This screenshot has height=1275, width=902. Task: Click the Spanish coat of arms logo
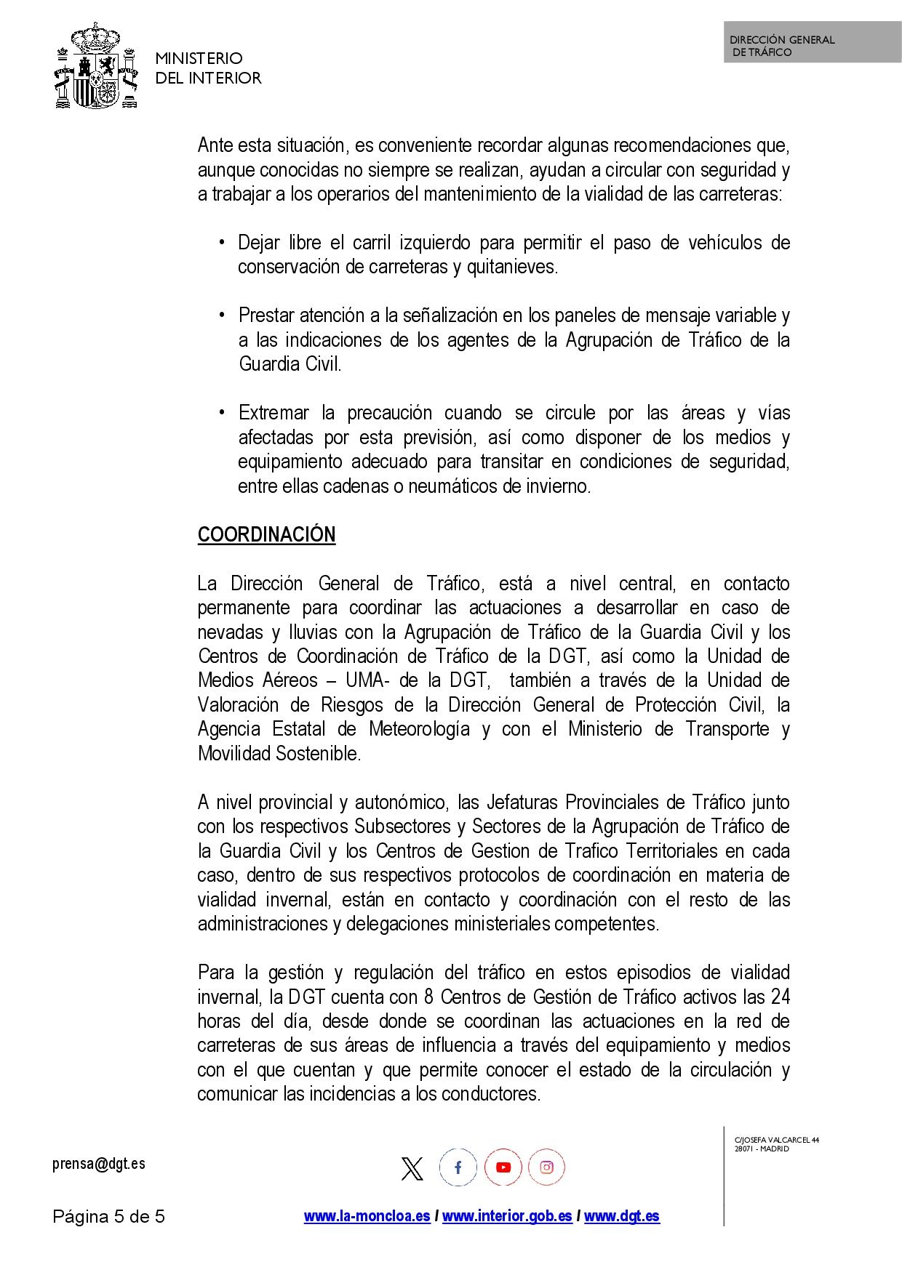pyautogui.click(x=96, y=67)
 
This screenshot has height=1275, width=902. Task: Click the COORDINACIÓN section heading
pyautogui.click(x=266, y=535)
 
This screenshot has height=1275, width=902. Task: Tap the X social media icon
pyautogui.click(x=412, y=1168)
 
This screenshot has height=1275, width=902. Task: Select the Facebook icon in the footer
pyautogui.click(x=458, y=1167)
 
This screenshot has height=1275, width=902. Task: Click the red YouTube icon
pyautogui.click(x=503, y=1167)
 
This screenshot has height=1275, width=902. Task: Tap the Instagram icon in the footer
pyautogui.click(x=547, y=1167)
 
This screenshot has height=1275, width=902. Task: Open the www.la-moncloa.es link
pyautogui.click(x=367, y=1216)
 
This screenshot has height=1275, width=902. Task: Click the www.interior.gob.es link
pyautogui.click(x=507, y=1216)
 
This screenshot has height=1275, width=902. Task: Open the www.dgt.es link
pyautogui.click(x=622, y=1216)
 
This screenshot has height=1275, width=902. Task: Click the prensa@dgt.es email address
pyautogui.click(x=99, y=1163)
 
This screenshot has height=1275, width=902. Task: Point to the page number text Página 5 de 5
pyautogui.click(x=109, y=1216)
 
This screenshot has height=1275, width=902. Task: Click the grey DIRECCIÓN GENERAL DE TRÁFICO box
pyautogui.click(x=812, y=42)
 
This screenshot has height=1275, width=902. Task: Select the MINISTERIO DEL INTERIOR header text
pyautogui.click(x=208, y=68)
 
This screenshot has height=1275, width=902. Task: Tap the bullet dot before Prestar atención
pyautogui.click(x=222, y=315)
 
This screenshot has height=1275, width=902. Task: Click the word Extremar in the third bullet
pyautogui.click(x=274, y=413)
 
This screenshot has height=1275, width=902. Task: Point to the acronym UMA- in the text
pyautogui.click(x=370, y=680)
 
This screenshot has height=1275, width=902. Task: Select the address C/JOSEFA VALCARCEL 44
pyautogui.click(x=776, y=1140)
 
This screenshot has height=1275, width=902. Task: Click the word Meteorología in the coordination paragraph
pyautogui.click(x=419, y=729)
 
